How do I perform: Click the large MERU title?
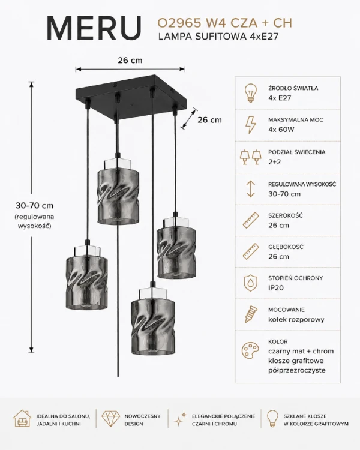coord(94,28)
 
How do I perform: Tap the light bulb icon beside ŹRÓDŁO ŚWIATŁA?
coord(250,92)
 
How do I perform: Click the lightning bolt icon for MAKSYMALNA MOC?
coord(250,125)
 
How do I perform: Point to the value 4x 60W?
coord(281,130)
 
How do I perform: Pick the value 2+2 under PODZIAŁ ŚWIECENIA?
coord(275,162)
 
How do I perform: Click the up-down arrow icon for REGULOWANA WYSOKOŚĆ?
coord(251,188)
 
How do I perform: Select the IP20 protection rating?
coord(276,288)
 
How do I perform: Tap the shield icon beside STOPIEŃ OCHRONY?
coord(250,283)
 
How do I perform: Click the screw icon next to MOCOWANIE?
coord(250,314)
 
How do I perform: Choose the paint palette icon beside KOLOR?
coord(250,350)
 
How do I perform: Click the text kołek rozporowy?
coord(296,319)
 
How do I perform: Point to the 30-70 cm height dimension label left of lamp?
coord(35,206)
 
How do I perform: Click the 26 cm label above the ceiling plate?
coord(130,61)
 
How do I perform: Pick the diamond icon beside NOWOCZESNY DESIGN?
coord(111,419)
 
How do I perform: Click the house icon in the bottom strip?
coord(22,419)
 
